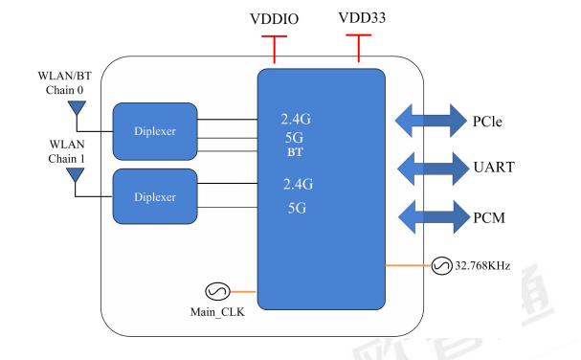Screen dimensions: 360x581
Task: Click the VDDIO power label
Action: pyautogui.click(x=274, y=19)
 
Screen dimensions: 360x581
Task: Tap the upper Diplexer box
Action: pyautogui.click(x=155, y=130)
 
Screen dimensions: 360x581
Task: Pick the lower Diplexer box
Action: pyautogui.click(x=155, y=197)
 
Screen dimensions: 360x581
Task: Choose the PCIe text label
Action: pyautogui.click(x=487, y=122)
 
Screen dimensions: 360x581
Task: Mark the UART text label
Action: pyautogui.click(x=494, y=168)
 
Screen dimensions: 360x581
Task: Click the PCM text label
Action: pyautogui.click(x=488, y=218)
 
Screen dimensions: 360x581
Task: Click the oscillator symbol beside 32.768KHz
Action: pyautogui.click(x=443, y=264)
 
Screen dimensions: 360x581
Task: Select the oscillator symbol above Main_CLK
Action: pyautogui.click(x=214, y=291)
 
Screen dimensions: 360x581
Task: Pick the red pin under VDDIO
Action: pyautogui.click(x=275, y=48)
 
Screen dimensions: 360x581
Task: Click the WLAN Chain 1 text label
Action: pyautogui.click(x=65, y=151)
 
